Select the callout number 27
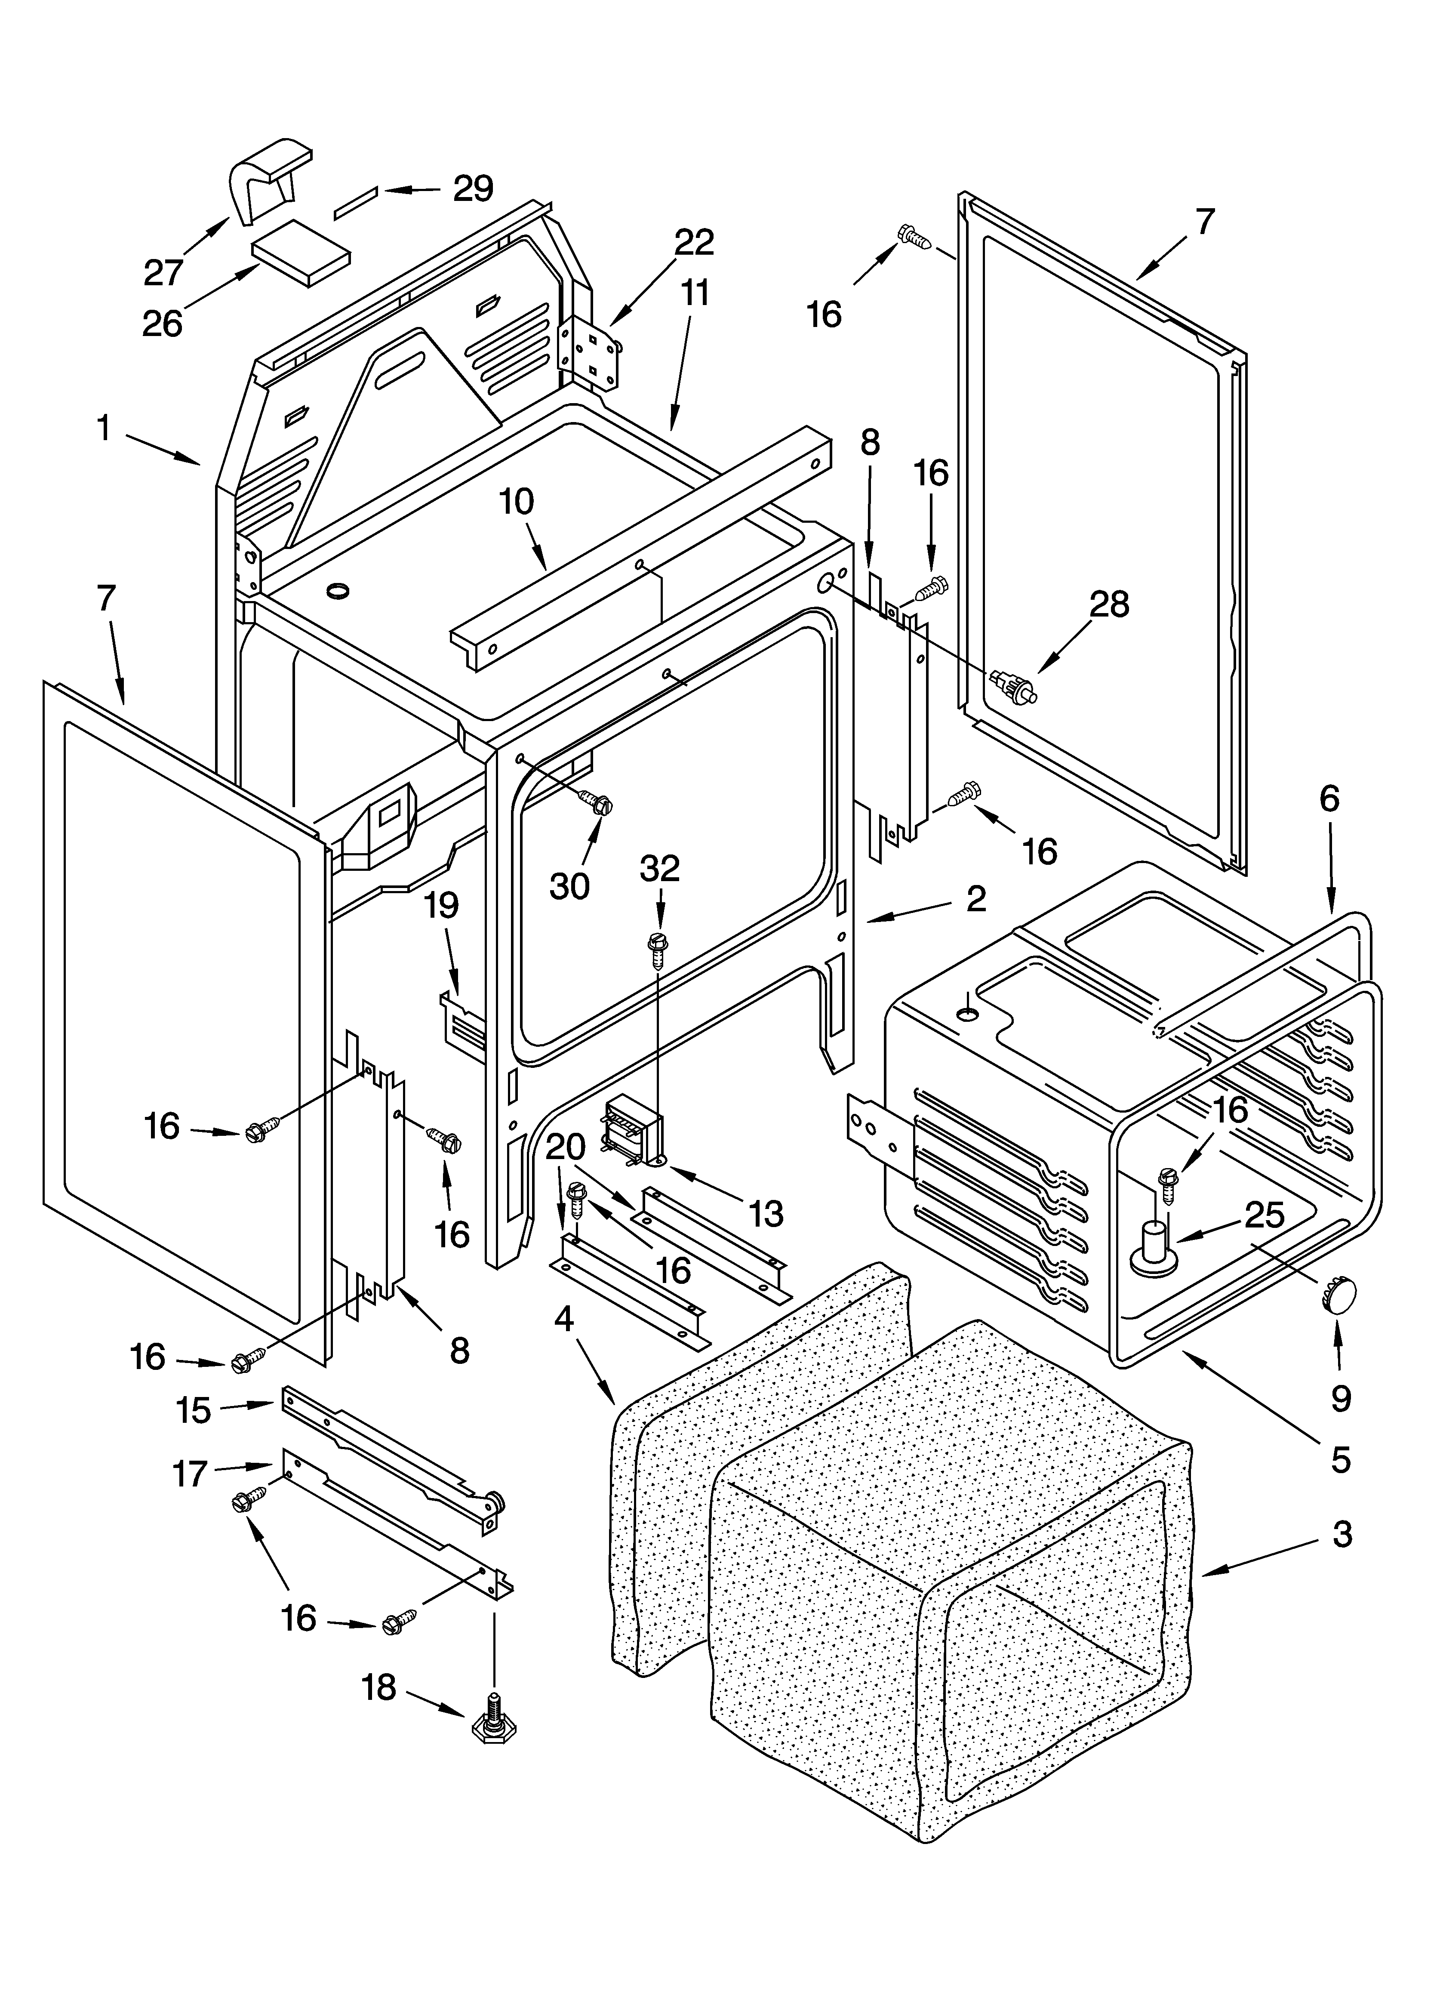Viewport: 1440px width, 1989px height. coord(163,273)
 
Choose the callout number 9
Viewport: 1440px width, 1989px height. coord(1341,1399)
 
